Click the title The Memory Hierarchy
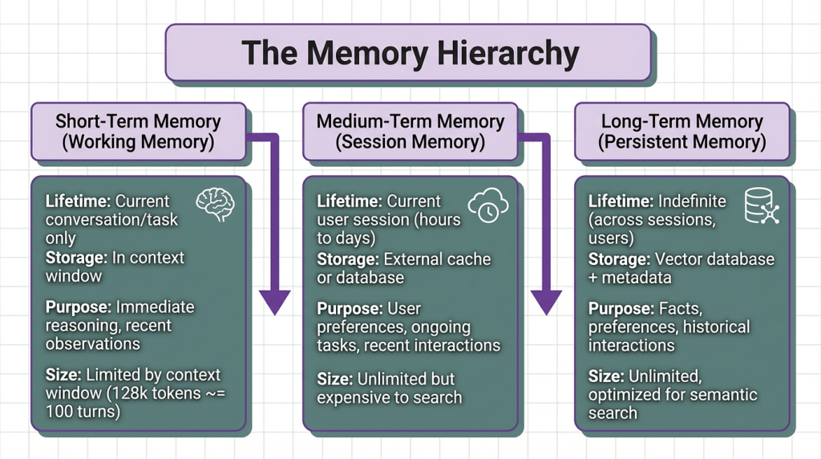(x=410, y=52)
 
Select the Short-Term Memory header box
(x=138, y=132)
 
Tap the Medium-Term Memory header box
(x=410, y=132)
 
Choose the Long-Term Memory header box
(x=681, y=132)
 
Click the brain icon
(x=216, y=205)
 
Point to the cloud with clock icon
(x=487, y=205)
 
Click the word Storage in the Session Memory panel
(x=348, y=259)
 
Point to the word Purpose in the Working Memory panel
(x=79, y=307)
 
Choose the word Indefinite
(x=690, y=201)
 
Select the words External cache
(x=438, y=259)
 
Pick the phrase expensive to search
(x=389, y=396)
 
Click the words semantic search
(x=673, y=404)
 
